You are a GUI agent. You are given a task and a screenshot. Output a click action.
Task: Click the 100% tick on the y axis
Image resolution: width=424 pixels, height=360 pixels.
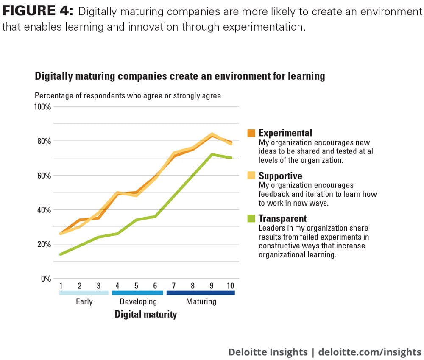click(42, 106)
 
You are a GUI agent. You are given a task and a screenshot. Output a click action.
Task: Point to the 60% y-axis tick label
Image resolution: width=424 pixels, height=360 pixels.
click(44, 176)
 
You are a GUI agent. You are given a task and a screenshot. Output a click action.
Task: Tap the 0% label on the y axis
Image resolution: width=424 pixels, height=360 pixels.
click(46, 279)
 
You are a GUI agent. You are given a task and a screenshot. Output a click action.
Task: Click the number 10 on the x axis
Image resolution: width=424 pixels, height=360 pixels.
click(230, 285)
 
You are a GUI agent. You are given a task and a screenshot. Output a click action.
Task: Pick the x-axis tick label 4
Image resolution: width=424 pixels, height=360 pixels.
click(117, 285)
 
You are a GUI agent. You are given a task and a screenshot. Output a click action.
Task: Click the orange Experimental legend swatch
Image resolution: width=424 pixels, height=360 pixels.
click(251, 133)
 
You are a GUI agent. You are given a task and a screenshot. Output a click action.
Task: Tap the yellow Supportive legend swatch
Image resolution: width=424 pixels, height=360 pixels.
click(251, 176)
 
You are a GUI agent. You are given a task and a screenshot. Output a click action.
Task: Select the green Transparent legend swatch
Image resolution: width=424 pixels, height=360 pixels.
click(251, 219)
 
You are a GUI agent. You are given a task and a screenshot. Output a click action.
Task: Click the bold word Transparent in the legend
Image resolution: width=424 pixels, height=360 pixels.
click(282, 219)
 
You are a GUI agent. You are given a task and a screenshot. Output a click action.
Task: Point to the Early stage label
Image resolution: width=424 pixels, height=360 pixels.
click(84, 302)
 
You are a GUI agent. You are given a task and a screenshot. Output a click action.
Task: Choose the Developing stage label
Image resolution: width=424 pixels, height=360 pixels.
click(138, 302)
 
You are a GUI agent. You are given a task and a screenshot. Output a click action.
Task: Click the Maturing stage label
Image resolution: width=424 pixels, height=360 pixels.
click(201, 302)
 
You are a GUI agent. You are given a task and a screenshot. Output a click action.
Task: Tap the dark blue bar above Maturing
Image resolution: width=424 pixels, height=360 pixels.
click(201, 293)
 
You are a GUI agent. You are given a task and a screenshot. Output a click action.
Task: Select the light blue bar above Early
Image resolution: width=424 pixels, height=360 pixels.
click(84, 293)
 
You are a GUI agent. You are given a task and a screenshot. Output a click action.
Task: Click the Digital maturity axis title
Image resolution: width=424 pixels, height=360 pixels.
click(145, 315)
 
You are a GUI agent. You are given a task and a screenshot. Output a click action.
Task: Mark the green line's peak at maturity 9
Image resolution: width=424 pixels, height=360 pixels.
click(212, 154)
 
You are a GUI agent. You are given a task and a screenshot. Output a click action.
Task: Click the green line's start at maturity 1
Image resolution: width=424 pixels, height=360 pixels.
click(61, 254)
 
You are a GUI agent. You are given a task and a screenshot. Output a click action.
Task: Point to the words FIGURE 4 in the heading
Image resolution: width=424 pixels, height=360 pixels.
click(38, 11)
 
